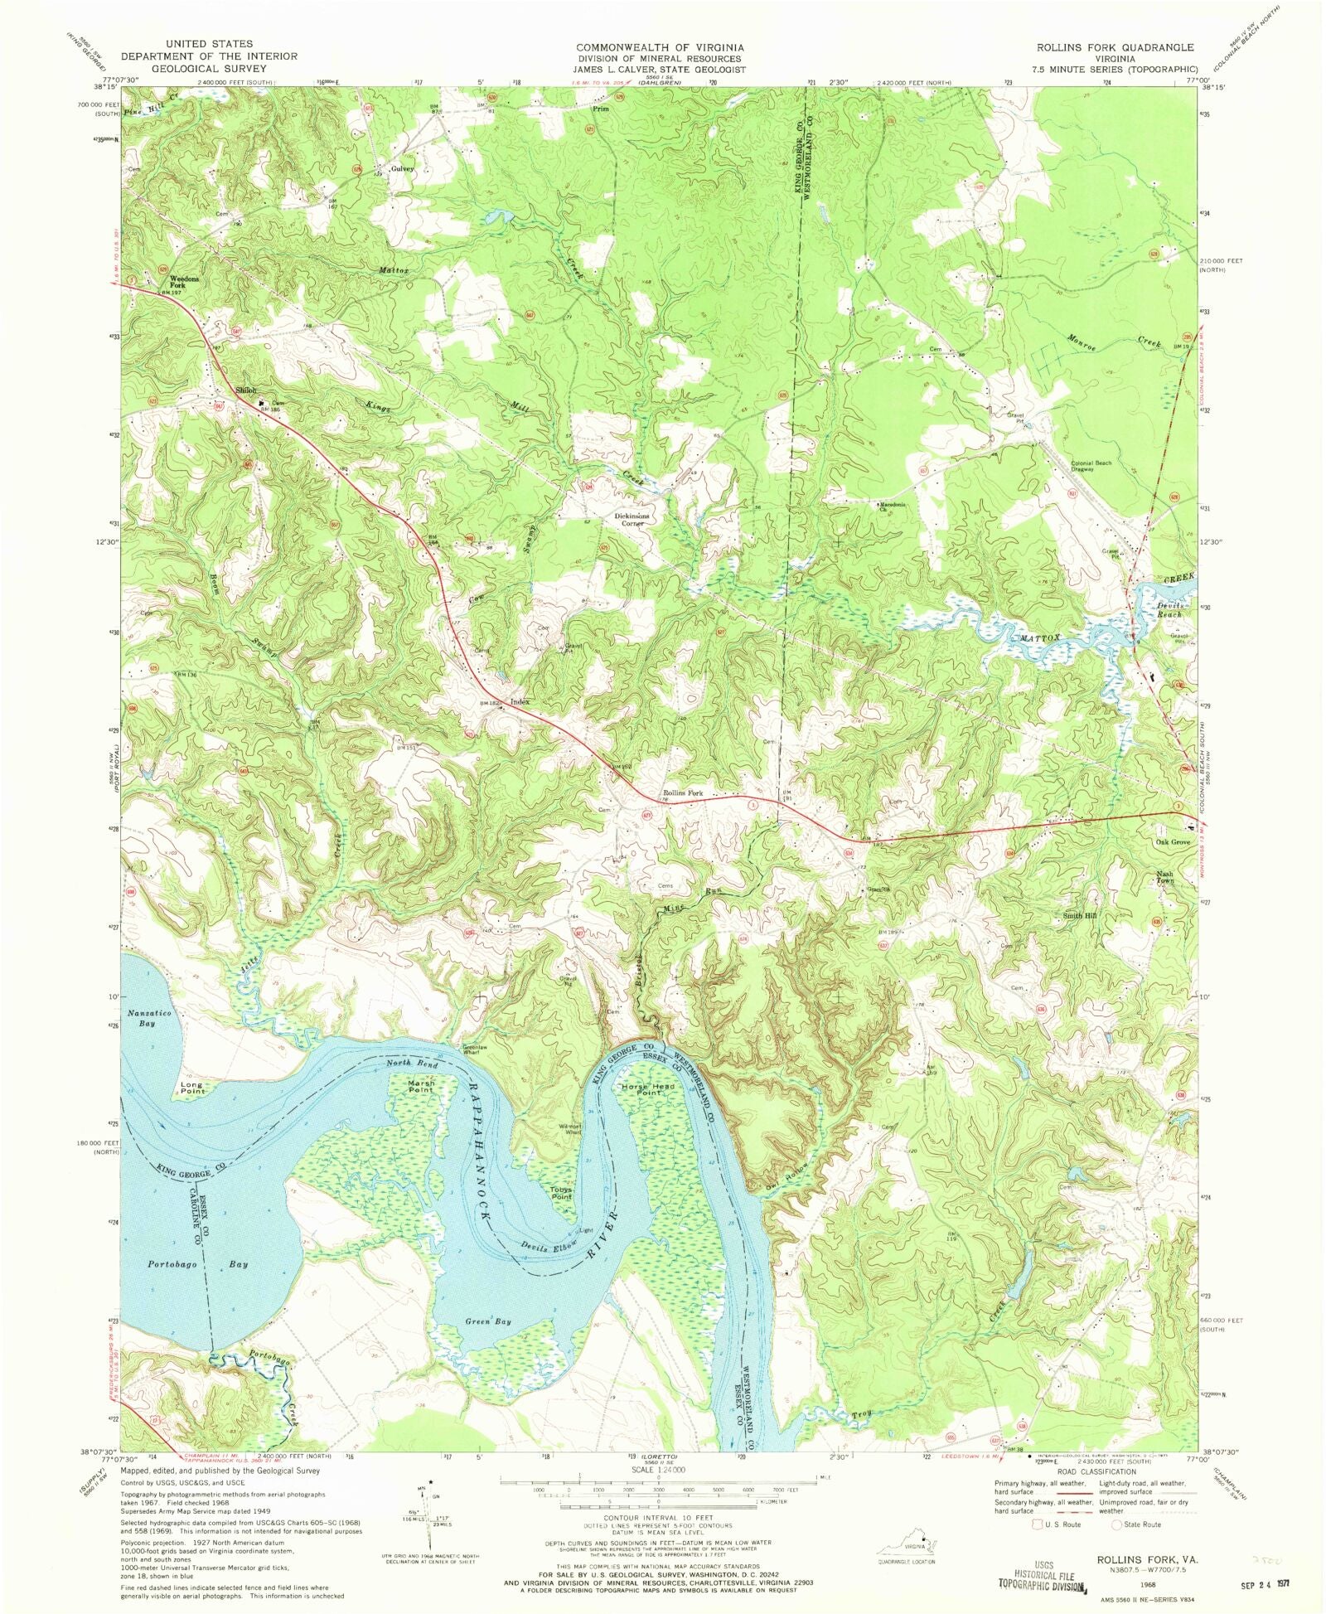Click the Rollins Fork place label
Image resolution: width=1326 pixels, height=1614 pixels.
point(682,793)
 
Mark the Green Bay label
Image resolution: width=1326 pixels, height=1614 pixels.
point(487,1345)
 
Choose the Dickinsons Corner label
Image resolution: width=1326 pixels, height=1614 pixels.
point(633,520)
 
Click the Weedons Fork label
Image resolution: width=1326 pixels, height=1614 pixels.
point(184,282)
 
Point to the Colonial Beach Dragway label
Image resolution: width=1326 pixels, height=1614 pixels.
point(1094,466)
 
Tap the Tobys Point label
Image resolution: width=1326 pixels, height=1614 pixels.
point(561,1194)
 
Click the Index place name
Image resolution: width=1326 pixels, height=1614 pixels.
point(520,702)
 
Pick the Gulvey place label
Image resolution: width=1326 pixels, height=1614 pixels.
point(402,168)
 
